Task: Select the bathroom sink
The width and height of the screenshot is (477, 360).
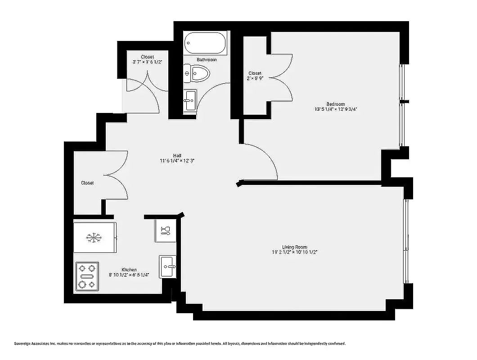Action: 190,100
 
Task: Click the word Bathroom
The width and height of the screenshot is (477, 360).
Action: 207,60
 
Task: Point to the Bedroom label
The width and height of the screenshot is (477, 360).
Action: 336,104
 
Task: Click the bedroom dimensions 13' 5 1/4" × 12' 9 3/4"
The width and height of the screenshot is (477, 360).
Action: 336,109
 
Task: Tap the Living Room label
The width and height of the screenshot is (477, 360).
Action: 295,247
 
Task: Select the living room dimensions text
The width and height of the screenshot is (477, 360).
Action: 295,252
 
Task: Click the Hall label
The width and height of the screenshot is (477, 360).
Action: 177,155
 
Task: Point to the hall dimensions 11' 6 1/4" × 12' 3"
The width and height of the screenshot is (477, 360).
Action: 177,161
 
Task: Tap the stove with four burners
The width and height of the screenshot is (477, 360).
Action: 86,276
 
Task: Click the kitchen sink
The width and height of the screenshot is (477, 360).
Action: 168,267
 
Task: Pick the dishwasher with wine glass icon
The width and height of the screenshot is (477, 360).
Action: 165,231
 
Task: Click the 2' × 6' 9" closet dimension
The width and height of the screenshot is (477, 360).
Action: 255,78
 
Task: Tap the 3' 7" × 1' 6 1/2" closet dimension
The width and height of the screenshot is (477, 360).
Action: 147,62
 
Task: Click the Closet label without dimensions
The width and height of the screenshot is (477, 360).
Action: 87,183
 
